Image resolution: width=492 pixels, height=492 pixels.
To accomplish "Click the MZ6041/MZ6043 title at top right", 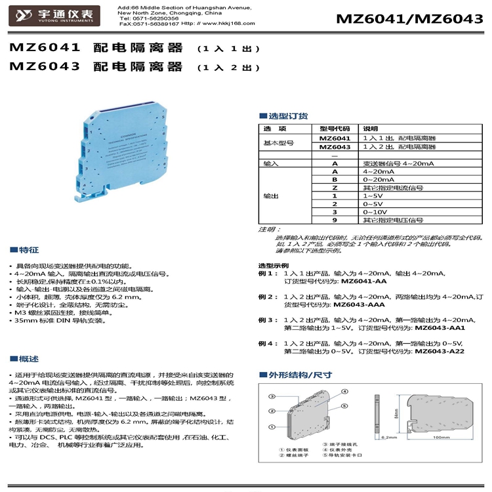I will [x=405, y=18].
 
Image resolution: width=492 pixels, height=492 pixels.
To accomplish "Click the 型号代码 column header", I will [x=335, y=129].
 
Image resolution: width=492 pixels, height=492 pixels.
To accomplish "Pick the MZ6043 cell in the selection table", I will [x=335, y=147].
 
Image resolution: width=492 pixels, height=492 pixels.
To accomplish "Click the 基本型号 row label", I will [x=278, y=142].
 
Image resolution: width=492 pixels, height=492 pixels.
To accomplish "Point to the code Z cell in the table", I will [x=334, y=187].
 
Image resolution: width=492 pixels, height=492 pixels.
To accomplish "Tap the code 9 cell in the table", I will [x=334, y=220].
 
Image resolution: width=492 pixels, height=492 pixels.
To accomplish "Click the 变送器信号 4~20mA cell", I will [x=398, y=163].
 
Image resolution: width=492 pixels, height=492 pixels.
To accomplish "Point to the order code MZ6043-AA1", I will [x=441, y=327].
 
